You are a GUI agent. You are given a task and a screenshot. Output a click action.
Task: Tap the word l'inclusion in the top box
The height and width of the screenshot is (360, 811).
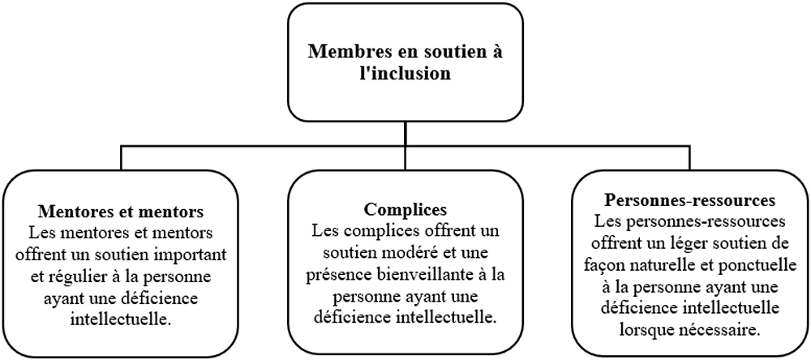pos(405,73)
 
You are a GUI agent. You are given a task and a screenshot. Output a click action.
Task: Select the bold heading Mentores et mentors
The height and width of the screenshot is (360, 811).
pos(121,212)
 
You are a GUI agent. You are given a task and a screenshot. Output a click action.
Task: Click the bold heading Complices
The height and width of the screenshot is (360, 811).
pos(405,210)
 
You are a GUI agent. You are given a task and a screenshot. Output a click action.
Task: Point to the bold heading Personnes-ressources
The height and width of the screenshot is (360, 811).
pos(689,199)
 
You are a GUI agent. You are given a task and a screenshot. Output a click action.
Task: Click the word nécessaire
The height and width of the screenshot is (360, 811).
pos(720,329)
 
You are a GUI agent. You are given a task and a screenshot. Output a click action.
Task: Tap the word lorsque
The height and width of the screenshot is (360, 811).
pos(646,329)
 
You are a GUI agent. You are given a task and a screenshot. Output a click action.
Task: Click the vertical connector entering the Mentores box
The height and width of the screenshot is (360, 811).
pos(121,158)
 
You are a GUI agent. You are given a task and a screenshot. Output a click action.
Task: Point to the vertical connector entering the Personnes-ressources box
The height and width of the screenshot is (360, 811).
pos(689,158)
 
